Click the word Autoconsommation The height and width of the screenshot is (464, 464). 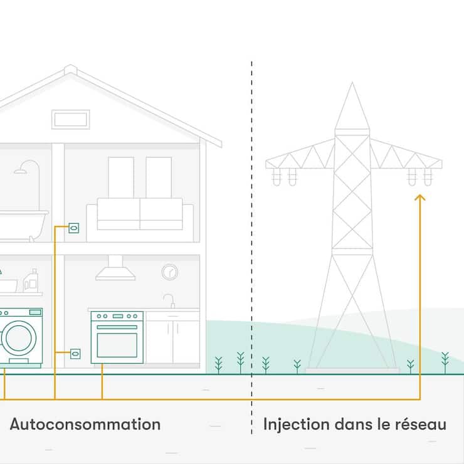coord(85,424)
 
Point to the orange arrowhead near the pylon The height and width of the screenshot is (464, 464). coord(420,198)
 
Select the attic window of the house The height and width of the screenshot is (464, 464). coord(71,119)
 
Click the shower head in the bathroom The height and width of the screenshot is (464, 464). coord(23,169)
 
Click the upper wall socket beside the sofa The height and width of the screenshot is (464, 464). coord(74,228)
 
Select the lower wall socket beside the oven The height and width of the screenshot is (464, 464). coord(75,354)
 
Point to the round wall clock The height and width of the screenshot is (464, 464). coord(169,272)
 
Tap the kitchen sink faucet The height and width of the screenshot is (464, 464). coord(170,300)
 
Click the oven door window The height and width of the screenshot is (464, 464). coord(117,344)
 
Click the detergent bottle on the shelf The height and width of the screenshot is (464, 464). coord(31,280)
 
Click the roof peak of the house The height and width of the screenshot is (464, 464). coord(71,68)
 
